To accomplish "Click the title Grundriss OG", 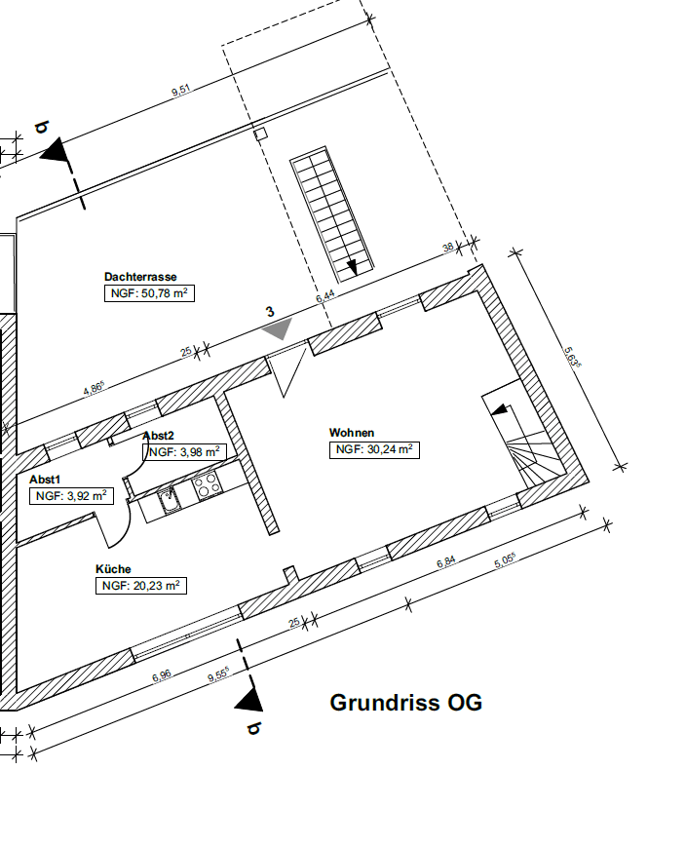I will [405, 703].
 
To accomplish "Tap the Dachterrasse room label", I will [140, 277].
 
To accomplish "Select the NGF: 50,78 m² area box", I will [149, 292].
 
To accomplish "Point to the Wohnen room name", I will [352, 433].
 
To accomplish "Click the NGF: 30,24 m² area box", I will [375, 449].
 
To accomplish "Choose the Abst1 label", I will [45, 480].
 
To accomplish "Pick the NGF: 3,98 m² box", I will [184, 451].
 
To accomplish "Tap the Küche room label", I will [113, 569].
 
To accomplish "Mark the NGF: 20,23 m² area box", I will [140, 586].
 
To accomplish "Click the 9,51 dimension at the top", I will [180, 92].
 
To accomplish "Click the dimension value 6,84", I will [446, 562].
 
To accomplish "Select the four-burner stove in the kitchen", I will [207, 484].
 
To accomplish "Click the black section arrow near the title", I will [252, 697].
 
